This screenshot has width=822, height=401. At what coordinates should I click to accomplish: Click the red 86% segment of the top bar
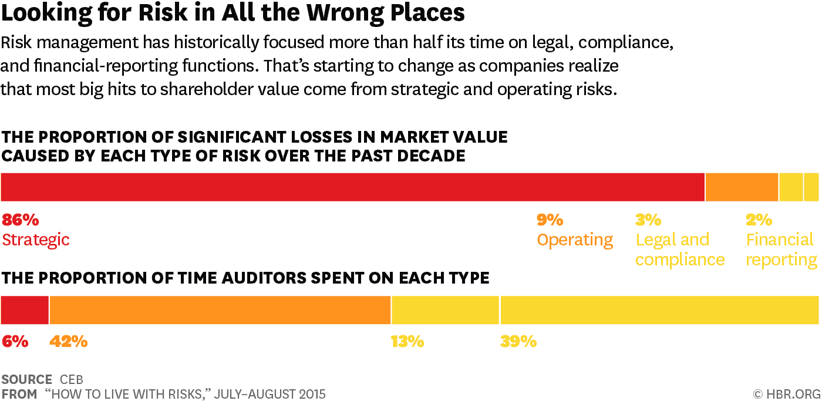(x=352, y=187)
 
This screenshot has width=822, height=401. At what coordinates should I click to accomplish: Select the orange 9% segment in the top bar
(x=742, y=187)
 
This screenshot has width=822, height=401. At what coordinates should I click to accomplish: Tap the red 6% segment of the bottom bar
(x=25, y=310)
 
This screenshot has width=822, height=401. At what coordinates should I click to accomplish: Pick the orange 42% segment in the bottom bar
(x=220, y=310)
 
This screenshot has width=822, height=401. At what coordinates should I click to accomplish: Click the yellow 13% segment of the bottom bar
(x=445, y=310)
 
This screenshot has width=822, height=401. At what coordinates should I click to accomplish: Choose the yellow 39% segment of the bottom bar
(x=659, y=310)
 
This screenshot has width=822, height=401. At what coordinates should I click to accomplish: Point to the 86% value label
(x=21, y=220)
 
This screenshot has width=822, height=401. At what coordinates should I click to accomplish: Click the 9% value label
(x=550, y=220)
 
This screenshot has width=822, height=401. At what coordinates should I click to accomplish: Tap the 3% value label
(x=648, y=220)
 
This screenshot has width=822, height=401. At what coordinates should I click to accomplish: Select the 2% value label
(x=759, y=220)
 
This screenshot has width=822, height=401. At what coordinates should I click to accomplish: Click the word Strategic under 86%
(x=36, y=240)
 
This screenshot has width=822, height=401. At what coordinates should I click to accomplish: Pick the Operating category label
(x=575, y=240)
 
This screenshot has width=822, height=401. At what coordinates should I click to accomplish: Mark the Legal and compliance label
(x=679, y=250)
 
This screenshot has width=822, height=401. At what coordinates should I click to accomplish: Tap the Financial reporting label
(x=781, y=250)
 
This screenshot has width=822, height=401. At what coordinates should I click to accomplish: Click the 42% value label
(x=69, y=342)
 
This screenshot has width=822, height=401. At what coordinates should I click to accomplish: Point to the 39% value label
(x=518, y=342)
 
